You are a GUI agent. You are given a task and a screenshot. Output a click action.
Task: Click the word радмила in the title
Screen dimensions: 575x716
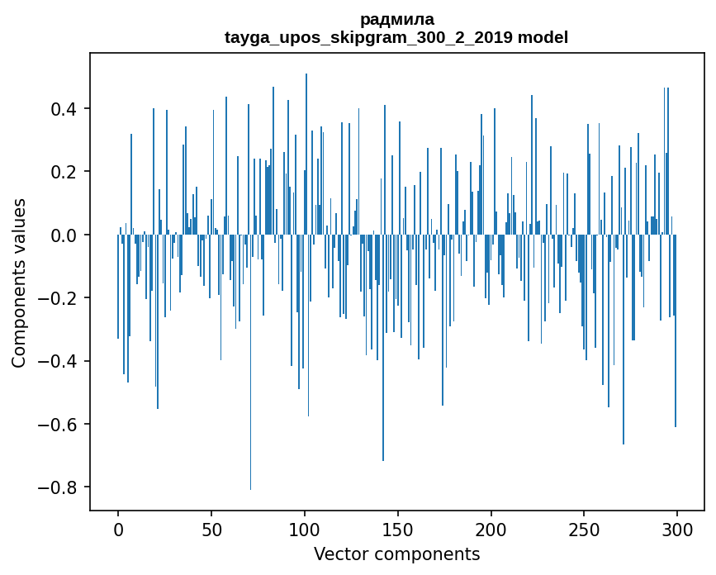(396, 19)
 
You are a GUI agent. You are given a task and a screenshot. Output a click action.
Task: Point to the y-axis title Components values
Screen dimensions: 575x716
(19, 283)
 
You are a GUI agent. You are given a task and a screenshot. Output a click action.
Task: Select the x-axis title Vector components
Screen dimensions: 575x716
(396, 554)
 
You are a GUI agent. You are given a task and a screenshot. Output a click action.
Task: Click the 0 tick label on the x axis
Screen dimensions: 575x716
(118, 529)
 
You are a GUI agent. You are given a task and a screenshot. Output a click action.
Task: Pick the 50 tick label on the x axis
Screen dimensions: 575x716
(211, 529)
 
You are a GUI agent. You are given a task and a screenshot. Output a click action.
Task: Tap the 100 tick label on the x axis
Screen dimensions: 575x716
(305, 529)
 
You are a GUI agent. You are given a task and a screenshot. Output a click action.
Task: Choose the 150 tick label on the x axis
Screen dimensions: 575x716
(397, 529)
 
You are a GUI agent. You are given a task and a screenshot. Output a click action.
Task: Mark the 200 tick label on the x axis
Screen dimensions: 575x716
(491, 529)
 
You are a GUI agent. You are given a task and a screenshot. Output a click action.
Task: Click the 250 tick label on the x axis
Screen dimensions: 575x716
(584, 529)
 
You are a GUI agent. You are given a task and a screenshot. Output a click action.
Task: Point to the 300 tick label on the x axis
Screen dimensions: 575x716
(677, 529)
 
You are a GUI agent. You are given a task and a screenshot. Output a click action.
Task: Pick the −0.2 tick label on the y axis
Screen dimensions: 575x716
(60, 298)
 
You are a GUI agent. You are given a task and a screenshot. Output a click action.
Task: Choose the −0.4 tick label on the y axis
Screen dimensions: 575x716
(60, 361)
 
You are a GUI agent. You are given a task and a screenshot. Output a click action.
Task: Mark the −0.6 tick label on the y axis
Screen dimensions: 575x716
(60, 424)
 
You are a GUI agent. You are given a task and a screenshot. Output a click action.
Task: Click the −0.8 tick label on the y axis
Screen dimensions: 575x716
(60, 487)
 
